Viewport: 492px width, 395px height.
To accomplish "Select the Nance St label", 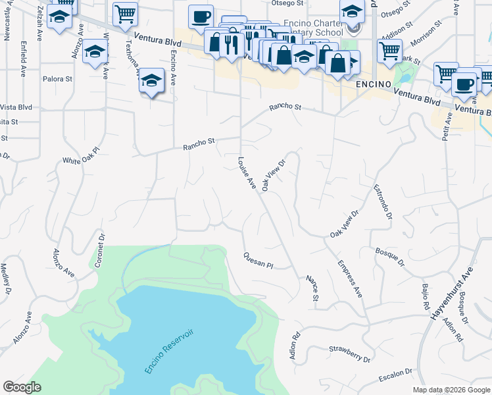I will [312, 289].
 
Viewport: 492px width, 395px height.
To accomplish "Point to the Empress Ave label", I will [350, 279].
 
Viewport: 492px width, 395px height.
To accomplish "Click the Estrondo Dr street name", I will [382, 201].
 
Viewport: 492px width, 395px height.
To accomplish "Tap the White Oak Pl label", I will [80, 155].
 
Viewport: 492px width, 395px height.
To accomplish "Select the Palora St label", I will [57, 79].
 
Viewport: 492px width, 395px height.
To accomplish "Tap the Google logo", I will [22, 387].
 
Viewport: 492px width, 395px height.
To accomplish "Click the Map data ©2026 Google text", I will [451, 390].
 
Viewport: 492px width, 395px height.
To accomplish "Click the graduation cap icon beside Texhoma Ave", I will [151, 80].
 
